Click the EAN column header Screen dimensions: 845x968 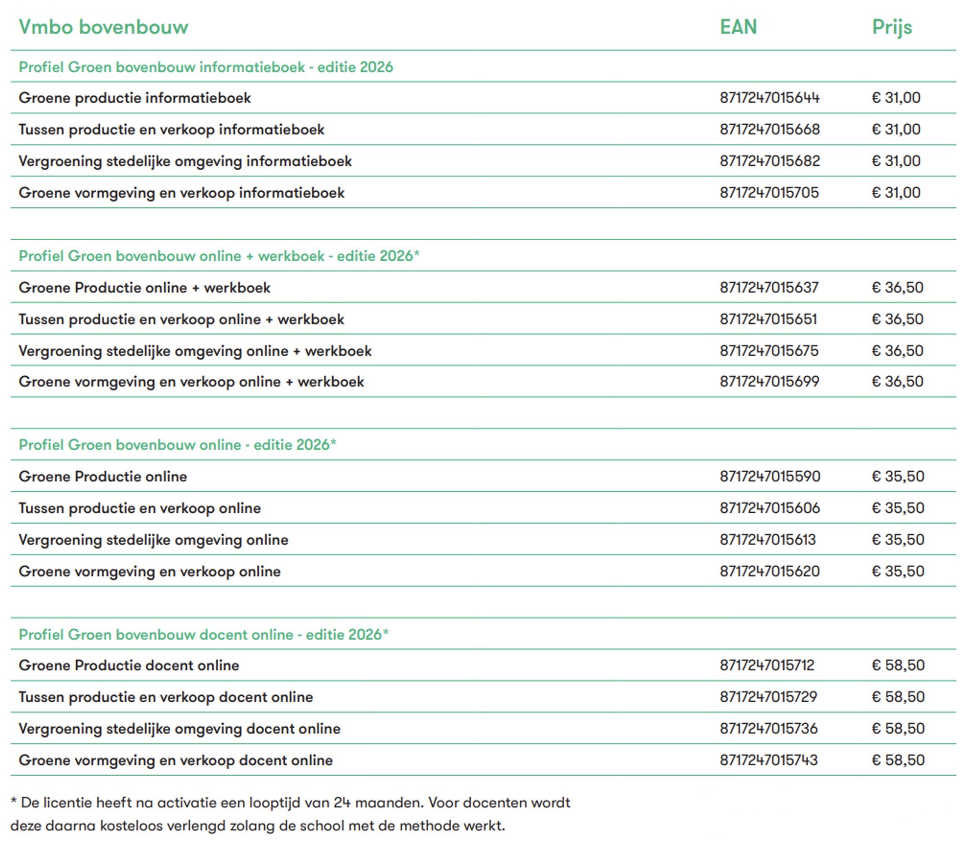tap(738, 27)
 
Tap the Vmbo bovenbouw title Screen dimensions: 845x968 tap(103, 27)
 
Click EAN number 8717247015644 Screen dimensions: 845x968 tap(769, 98)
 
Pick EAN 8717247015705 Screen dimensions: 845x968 tap(768, 193)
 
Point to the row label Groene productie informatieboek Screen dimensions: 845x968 tap(134, 98)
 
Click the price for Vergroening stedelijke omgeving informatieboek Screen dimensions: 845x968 tap(896, 161)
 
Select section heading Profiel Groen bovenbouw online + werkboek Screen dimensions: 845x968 tap(219, 256)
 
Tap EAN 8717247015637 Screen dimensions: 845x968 tap(768, 288)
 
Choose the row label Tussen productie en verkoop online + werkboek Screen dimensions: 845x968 tap(181, 319)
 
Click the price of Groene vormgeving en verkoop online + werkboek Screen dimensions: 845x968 tap(897, 382)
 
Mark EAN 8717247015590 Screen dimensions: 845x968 tap(769, 477)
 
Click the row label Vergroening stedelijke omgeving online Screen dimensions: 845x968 tap(153, 540)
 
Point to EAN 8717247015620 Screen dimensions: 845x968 tap(769, 572)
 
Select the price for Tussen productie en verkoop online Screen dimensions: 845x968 tap(897, 508)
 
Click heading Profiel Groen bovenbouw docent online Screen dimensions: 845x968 tap(203, 635)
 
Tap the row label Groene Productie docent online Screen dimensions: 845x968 tap(129, 666)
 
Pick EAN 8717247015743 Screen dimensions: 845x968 tap(768, 761)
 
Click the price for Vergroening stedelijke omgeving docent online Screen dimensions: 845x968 tap(897, 729)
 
